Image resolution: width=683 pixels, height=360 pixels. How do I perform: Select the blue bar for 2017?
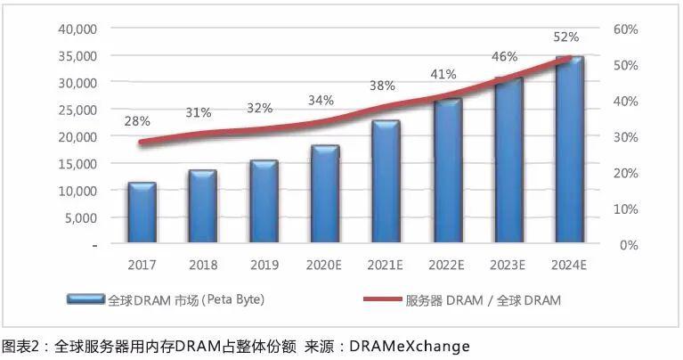coord(142,213)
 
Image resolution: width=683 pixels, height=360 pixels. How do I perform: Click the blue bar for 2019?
coord(264,201)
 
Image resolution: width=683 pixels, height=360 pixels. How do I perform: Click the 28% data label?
coord(137,120)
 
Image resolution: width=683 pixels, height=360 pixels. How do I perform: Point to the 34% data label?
coord(321,100)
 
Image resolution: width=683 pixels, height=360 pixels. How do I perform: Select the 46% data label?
coord(505,57)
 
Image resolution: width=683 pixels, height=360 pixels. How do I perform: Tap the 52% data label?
coord(565,37)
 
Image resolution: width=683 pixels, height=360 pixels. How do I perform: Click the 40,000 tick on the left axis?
coord(77,29)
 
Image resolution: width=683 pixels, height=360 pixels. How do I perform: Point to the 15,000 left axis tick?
coord(77,164)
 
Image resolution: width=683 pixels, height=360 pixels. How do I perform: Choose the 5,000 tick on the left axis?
coord(80,217)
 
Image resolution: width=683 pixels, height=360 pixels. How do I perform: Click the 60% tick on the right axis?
coord(626,29)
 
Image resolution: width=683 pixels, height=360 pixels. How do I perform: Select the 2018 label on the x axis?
coord(202,265)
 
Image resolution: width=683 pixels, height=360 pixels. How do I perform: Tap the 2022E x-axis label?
coord(447,265)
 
